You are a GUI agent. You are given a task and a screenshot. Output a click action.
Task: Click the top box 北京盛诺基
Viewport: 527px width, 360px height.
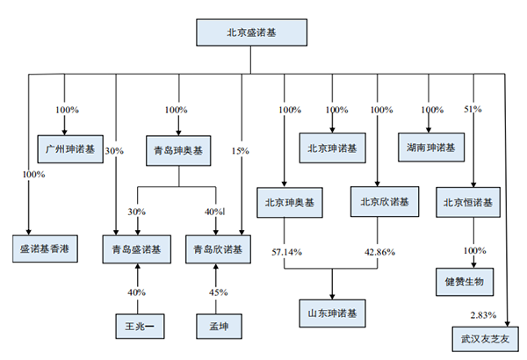(x=251, y=32)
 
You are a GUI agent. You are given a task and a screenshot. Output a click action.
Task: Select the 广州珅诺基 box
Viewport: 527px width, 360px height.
(x=70, y=149)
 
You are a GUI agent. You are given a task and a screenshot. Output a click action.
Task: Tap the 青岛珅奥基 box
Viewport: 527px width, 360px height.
(x=178, y=151)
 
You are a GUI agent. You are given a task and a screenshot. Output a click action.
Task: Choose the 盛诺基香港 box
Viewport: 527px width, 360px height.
(x=45, y=248)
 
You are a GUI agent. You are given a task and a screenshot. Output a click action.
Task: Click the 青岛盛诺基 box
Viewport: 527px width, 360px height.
(x=137, y=249)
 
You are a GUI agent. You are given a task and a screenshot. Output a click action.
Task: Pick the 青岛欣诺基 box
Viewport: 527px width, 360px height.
(x=218, y=249)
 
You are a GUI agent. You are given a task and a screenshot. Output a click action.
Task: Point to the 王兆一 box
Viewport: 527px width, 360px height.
(x=140, y=326)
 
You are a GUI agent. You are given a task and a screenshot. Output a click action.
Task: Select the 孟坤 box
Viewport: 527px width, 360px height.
(x=219, y=326)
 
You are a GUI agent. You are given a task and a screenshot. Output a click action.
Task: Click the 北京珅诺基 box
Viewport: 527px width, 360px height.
(x=332, y=148)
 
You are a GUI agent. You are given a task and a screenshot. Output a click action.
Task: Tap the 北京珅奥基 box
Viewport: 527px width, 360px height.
(x=290, y=202)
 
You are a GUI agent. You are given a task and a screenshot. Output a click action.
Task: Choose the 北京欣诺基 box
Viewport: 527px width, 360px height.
(x=385, y=202)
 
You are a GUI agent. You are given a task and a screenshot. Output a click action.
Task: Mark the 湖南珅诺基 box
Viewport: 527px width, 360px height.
(x=431, y=148)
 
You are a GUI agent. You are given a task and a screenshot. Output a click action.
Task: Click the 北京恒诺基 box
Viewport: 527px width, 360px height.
(x=468, y=202)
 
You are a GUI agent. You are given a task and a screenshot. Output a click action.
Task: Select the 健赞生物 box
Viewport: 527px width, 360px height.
(x=465, y=282)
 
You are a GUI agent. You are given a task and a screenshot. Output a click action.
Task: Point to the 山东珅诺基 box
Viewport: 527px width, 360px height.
(x=332, y=313)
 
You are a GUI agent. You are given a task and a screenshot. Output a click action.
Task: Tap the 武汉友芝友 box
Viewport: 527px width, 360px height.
(x=486, y=339)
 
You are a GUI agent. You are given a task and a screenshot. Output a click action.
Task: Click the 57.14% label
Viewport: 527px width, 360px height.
(x=286, y=252)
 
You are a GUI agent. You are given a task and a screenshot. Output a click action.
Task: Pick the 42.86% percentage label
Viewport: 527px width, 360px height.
(x=379, y=252)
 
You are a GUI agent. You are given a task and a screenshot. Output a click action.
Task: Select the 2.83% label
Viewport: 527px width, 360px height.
(x=483, y=315)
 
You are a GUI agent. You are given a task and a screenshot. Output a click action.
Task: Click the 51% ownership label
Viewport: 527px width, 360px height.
(x=473, y=109)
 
